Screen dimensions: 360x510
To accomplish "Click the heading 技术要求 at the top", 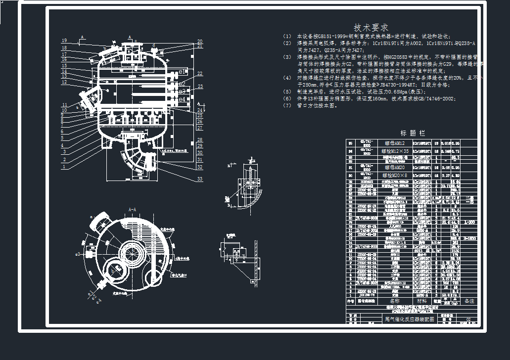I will coord(371,27).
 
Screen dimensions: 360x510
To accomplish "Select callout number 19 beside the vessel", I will coord(64,41).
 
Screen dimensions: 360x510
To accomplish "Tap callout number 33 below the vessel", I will coord(199,179).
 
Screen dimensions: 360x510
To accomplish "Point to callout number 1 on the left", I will coord(64,167).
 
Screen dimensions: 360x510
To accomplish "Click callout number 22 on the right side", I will coord(199,74).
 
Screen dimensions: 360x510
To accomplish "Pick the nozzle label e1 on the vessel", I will coord(183,77).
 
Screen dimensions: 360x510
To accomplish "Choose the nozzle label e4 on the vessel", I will coord(183,99).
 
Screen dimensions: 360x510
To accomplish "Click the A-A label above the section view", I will coord(133,210).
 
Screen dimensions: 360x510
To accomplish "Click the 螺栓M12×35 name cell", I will coord(396,151).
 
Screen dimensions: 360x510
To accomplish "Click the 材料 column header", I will coord(421,301).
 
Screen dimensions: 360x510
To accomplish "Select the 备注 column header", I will coord(469,301).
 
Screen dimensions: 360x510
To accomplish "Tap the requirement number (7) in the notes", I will coord(287,105).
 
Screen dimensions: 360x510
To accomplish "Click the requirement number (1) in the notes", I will coord(287,37).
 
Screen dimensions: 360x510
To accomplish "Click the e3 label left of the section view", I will coord(78,254).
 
